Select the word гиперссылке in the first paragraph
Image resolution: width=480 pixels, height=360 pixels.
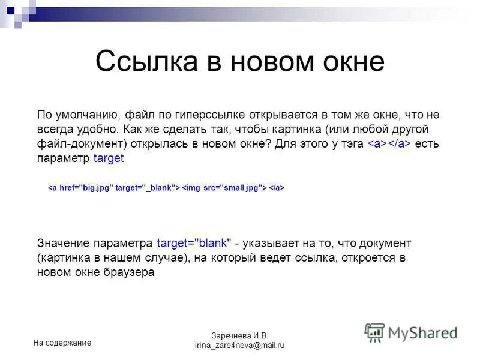click(202, 115)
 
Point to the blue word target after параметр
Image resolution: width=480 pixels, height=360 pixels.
click(109, 158)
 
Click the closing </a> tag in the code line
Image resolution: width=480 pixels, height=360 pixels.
click(276, 188)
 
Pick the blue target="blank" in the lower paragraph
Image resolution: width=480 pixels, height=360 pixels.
click(194, 243)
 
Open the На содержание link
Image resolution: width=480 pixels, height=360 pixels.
click(62, 343)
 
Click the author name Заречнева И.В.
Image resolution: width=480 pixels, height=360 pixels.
click(239, 335)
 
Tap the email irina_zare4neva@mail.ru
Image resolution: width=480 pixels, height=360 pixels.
click(239, 346)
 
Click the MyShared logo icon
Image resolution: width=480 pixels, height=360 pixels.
click(375, 332)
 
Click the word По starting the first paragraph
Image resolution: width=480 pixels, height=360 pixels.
click(44, 115)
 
